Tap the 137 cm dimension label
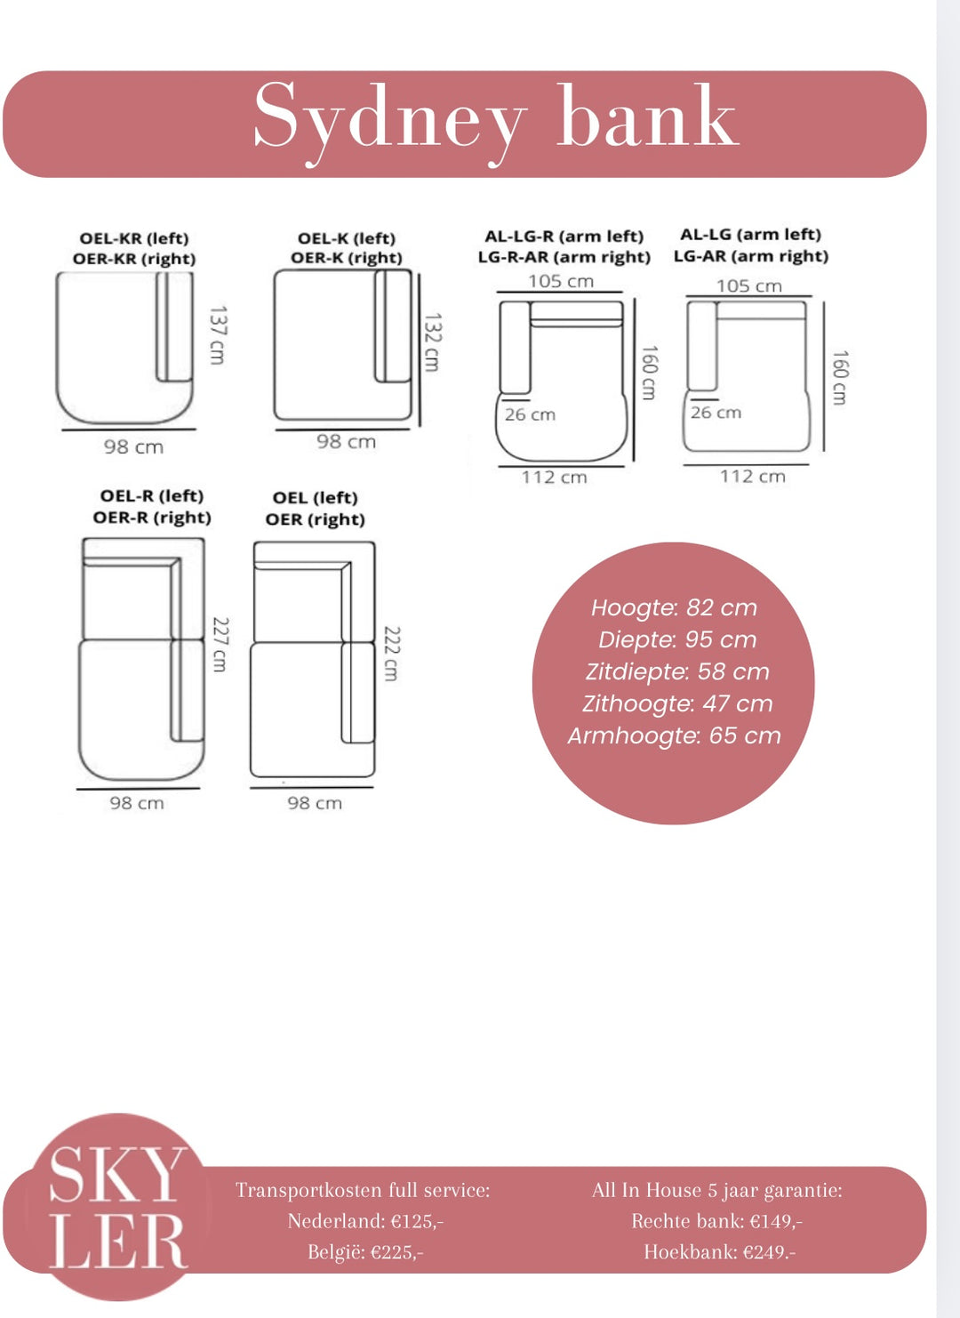pyautogui.click(x=217, y=334)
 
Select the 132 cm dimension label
pyautogui.click(x=432, y=342)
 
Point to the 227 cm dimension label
pyautogui.click(x=219, y=644)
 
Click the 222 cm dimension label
pyautogui.click(x=391, y=654)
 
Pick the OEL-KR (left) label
pyautogui.click(x=134, y=238)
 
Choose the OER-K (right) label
pyautogui.click(x=347, y=258)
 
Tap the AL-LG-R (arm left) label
pyautogui.click(x=564, y=236)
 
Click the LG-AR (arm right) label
pyautogui.click(x=751, y=256)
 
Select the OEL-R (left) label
pyautogui.click(x=152, y=495)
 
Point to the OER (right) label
pyautogui.click(x=316, y=519)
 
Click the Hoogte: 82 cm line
pyautogui.click(x=674, y=607)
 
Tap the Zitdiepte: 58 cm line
pyautogui.click(x=677, y=671)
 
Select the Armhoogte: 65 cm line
pyautogui.click(x=674, y=735)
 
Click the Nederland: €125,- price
pyautogui.click(x=365, y=1221)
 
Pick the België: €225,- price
pyautogui.click(x=365, y=1251)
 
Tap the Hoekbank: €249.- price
pyautogui.click(x=719, y=1251)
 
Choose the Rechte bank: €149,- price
pyautogui.click(x=716, y=1221)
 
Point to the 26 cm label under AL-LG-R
pyautogui.click(x=530, y=414)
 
